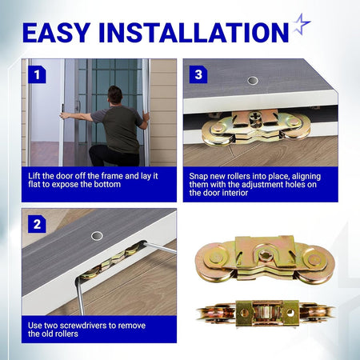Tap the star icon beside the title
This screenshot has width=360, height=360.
[x=302, y=24]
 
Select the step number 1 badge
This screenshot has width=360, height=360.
[x=37, y=74]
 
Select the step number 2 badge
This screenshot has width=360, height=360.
[x=37, y=224]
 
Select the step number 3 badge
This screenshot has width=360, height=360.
[x=198, y=74]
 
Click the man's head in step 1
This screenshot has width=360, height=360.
[x=115, y=95]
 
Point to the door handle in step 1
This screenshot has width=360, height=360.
[x=78, y=106]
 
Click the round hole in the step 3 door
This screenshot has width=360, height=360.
[x=253, y=80]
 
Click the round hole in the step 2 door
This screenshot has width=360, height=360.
[x=97, y=236]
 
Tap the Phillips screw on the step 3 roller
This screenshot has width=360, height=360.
[x=254, y=118]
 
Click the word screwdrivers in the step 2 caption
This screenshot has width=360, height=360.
[x=83, y=326]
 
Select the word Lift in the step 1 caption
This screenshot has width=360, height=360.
[x=34, y=176]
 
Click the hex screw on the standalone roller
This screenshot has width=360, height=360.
[x=265, y=256]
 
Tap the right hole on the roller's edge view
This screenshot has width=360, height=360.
[x=290, y=313]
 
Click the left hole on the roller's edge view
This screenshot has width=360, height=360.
[x=244, y=313]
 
